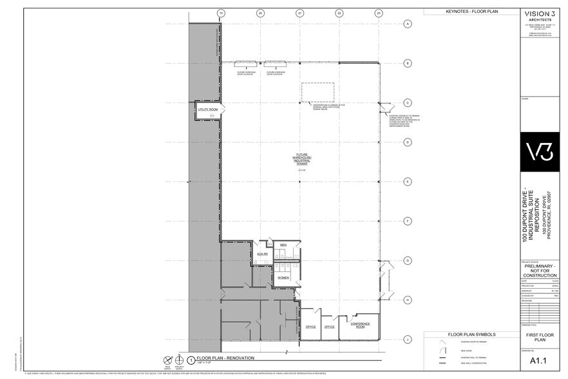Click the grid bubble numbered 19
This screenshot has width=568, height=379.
click(x=221, y=13)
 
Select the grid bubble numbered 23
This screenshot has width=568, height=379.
click(x=379, y=13)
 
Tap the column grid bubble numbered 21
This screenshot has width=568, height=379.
click(x=299, y=13)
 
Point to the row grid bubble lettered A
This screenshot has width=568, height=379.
click(x=407, y=24)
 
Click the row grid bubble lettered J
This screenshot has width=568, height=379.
click(x=407, y=339)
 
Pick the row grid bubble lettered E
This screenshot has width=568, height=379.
click(x=407, y=182)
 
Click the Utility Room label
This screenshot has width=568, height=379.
click(x=207, y=110)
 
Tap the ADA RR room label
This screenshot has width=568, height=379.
click(x=262, y=255)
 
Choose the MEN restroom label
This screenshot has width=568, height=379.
click(x=283, y=246)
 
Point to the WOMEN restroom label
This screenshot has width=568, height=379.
click(x=283, y=278)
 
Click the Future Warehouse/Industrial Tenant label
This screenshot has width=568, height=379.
click(x=301, y=159)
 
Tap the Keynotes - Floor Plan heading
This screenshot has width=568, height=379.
click(x=471, y=12)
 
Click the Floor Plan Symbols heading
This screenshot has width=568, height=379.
click(x=471, y=335)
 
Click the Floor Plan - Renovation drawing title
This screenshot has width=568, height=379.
click(x=225, y=358)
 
